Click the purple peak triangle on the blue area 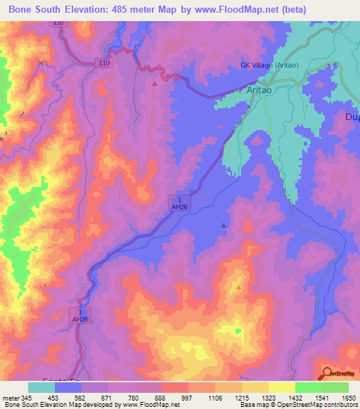(x=224, y=226)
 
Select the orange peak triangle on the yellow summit (x=238, y=287)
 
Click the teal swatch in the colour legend (x=41, y=387)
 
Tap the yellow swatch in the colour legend (x=282, y=387)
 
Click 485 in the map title (x=126, y=11)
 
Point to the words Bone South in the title (x=36, y=11)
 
